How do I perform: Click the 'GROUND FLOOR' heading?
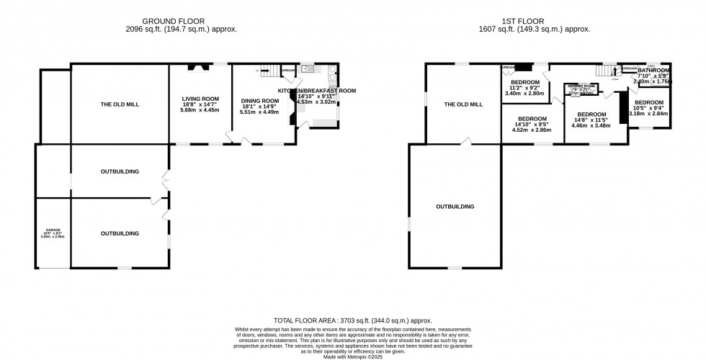[x=189, y=20]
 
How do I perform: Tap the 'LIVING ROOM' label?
[x=200, y=99]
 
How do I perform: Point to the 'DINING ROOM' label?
[x=259, y=101]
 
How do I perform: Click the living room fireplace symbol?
[x=197, y=68]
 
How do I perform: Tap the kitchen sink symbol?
[x=307, y=69]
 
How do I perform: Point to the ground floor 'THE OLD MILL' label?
[x=120, y=104]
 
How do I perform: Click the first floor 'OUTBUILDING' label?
[x=455, y=207]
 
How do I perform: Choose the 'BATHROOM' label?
[x=655, y=71]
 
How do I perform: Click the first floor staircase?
[x=609, y=71]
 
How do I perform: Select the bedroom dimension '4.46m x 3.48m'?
[x=591, y=126]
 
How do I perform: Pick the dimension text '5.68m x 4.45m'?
[x=200, y=112]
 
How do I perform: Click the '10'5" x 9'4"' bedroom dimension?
[x=648, y=108]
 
